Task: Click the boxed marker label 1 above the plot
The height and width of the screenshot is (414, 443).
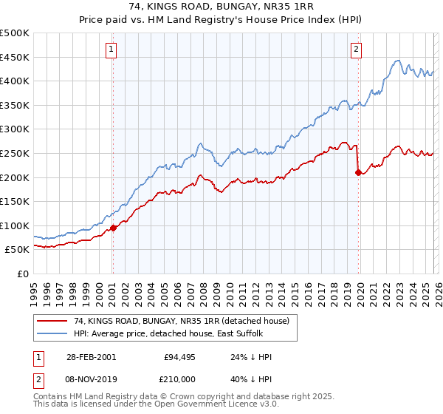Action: (111, 50)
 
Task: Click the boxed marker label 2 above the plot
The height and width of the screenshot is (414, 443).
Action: (356, 50)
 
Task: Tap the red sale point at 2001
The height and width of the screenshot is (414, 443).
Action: (113, 228)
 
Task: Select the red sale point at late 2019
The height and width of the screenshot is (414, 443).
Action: (358, 173)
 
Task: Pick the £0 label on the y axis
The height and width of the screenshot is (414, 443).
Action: (22, 274)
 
